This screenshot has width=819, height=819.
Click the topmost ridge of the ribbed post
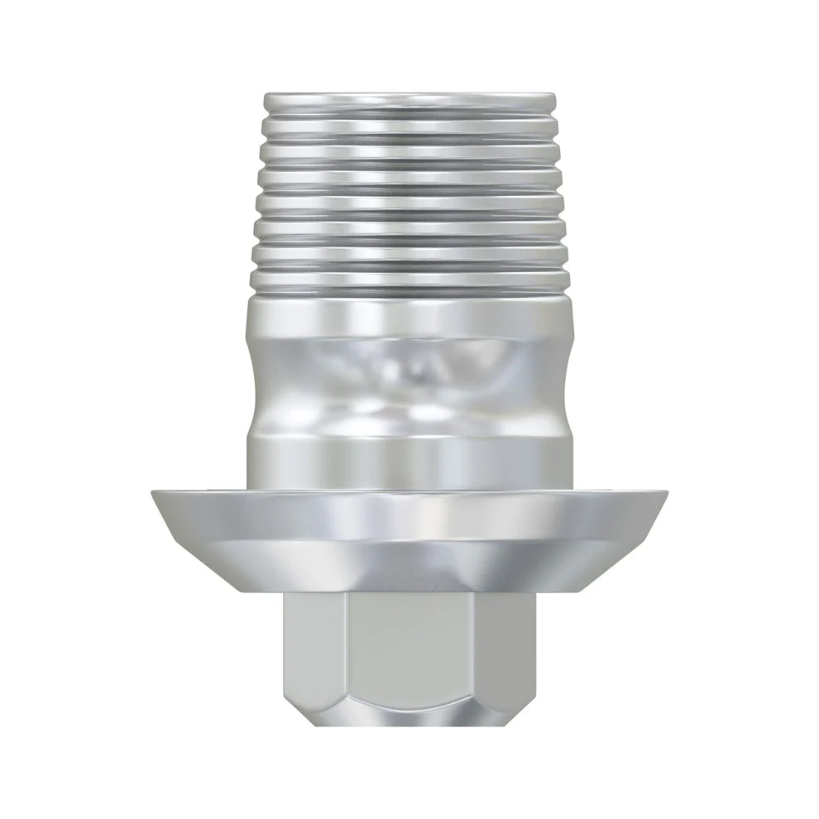tap(409, 103)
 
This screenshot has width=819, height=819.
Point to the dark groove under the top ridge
tap(409, 121)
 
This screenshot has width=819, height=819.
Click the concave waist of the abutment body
tap(409, 381)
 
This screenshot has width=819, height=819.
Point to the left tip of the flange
tap(154, 495)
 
